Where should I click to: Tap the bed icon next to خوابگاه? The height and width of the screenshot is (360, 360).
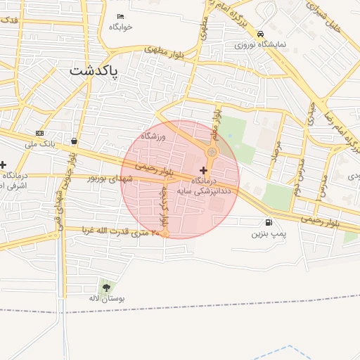point(121,16)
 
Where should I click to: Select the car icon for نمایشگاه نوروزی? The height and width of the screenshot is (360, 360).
point(260,33)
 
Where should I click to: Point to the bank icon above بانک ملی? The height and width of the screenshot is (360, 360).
point(39,133)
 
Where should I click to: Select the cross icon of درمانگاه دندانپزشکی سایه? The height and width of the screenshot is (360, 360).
point(204,170)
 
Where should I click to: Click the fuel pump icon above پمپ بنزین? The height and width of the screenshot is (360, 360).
point(270,222)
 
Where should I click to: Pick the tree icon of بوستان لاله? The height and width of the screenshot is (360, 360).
point(106,287)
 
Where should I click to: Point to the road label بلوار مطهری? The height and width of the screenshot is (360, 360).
point(166,51)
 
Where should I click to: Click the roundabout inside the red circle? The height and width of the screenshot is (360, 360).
point(212,152)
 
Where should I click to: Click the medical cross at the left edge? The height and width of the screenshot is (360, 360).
point(3,164)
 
